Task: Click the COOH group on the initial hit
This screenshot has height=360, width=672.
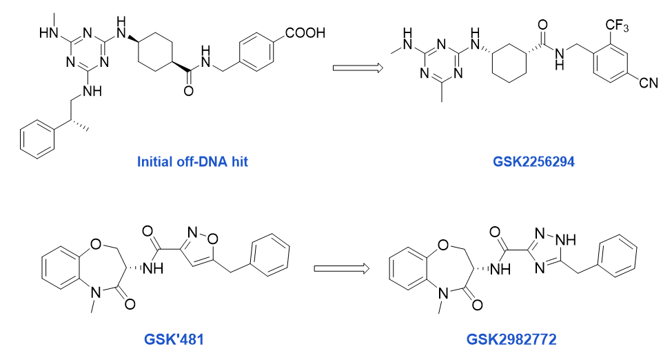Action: [305, 33]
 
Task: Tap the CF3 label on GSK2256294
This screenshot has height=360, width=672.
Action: [617, 26]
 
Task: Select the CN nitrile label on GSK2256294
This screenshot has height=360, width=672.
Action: [649, 82]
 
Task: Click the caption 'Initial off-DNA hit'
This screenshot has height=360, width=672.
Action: [192, 162]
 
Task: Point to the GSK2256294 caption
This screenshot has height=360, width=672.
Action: [533, 162]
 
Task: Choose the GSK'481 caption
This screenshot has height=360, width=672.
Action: [174, 339]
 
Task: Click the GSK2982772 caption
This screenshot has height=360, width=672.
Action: [511, 339]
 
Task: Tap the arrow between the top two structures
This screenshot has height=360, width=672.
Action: [358, 68]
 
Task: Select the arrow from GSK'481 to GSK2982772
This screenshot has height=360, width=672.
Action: [342, 268]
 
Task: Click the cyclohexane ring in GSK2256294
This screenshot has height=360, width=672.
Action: [509, 62]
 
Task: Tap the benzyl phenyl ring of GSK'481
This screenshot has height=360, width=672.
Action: [269, 255]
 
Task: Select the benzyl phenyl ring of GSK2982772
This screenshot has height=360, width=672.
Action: [617, 256]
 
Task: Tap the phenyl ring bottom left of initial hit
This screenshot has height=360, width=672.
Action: [37, 140]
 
